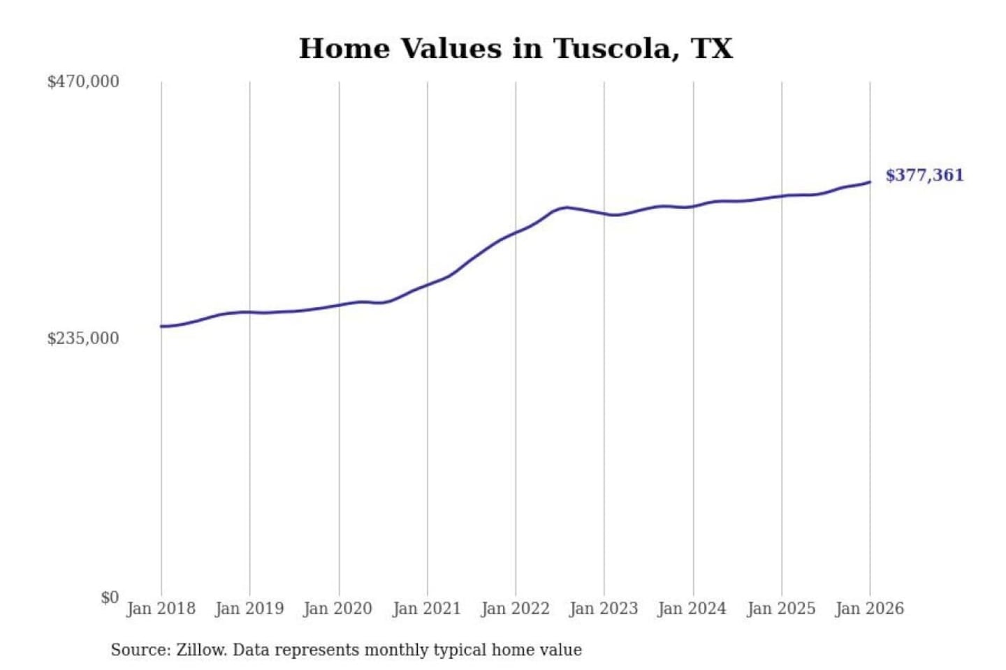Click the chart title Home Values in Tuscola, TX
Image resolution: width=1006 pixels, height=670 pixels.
click(516, 49)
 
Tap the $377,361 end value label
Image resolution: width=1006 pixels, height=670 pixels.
click(924, 175)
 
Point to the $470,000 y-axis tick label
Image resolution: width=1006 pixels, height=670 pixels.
click(83, 82)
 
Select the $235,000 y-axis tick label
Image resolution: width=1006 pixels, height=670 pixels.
click(83, 338)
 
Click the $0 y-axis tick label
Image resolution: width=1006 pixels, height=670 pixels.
click(110, 597)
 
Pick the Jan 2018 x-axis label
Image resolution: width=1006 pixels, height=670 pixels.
click(161, 609)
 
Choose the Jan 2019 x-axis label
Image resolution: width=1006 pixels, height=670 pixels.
click(249, 609)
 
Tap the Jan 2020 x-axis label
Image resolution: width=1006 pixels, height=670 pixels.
click(338, 609)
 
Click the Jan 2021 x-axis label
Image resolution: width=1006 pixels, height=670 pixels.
click(427, 609)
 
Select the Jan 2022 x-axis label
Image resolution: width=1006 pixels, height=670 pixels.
click(516, 609)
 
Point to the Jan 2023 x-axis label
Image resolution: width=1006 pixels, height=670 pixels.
click(604, 609)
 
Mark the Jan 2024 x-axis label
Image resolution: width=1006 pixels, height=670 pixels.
click(692, 609)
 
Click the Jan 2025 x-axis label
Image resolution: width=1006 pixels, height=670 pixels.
click(781, 609)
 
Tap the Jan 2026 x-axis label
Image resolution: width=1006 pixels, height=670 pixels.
click(870, 609)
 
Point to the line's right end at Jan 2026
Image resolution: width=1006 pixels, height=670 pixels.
click(870, 182)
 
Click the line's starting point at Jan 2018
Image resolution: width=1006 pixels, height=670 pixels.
click(161, 326)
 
